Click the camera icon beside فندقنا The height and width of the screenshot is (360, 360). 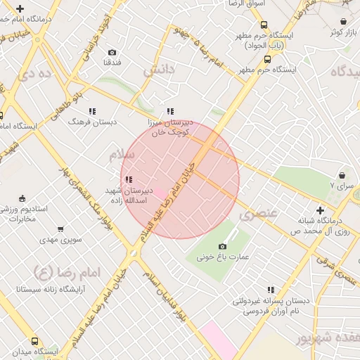coord(112,52)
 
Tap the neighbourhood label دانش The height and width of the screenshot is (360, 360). coord(158,70)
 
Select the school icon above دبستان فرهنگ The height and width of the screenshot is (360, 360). coord(91,111)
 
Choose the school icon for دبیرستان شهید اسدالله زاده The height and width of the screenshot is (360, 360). coord(127,180)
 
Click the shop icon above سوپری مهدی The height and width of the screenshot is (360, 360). coord(60,229)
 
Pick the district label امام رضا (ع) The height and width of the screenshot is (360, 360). coord(67,271)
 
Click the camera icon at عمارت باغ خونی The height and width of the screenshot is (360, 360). coord(222,246)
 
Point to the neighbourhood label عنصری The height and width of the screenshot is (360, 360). coord(258,212)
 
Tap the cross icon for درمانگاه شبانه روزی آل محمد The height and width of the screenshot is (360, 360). coord(320,210)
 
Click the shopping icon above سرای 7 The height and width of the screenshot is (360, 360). coord(342,175)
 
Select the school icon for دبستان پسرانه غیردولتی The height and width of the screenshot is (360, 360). coord(271,290)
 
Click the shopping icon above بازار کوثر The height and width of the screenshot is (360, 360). coord(343,22)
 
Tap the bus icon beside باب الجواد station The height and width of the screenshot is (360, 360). coord(264,25)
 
